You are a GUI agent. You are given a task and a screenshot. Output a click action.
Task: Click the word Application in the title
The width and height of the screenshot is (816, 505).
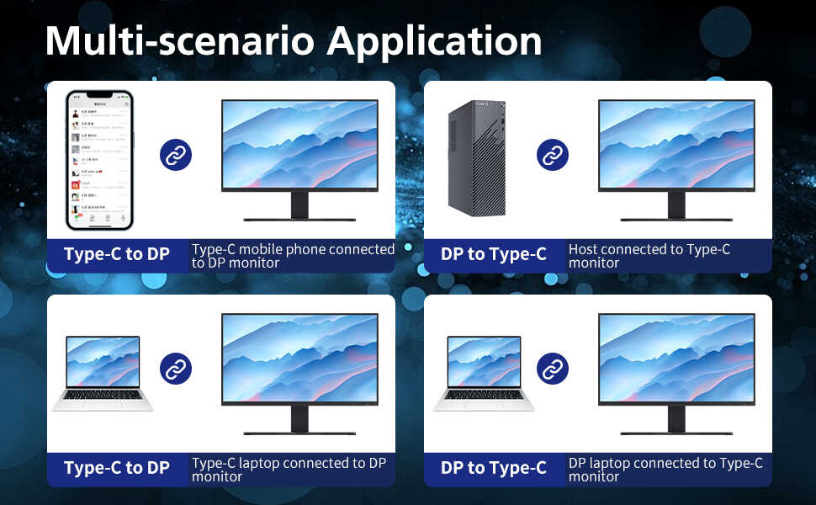[434, 41]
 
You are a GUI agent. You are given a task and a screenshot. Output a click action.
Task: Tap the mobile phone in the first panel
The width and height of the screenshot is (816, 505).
[99, 160]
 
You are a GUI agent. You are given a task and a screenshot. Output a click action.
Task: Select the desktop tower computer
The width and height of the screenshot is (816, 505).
[477, 158]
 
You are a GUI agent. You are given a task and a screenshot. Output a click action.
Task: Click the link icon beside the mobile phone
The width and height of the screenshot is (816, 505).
[176, 155]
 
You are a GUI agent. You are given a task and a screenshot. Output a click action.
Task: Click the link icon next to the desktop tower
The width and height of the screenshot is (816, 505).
[553, 155]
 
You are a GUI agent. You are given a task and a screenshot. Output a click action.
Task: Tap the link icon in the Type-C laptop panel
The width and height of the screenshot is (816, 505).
[176, 369]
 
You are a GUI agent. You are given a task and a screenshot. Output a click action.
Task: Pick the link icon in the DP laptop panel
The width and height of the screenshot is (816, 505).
[553, 369]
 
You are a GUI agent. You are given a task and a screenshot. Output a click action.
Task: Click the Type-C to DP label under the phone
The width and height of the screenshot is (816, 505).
[117, 255]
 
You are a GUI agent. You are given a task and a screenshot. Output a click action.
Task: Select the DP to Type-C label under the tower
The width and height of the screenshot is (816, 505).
[494, 255]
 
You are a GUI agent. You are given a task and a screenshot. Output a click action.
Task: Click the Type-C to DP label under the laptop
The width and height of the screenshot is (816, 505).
[117, 469]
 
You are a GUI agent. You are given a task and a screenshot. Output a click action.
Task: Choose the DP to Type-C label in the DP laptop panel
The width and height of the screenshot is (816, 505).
[494, 469]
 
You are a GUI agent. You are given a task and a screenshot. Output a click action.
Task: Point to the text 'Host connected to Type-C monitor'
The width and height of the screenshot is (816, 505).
[649, 256]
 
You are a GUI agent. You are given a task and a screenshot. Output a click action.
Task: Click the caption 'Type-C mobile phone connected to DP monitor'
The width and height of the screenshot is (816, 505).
[292, 256]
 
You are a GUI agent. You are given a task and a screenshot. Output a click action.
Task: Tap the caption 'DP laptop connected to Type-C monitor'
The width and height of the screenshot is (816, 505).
[665, 470]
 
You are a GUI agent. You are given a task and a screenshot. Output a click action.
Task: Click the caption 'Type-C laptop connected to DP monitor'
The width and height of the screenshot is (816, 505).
[289, 470]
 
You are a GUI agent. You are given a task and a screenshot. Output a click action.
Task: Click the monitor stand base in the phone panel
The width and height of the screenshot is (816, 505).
[299, 220]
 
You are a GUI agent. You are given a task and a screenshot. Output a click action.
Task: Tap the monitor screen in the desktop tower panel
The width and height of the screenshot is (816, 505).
[676, 146]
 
